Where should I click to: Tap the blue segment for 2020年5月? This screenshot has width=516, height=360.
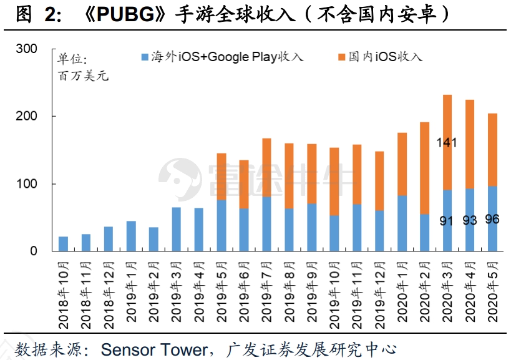[x=492, y=218]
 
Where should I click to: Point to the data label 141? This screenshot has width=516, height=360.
[x=447, y=143]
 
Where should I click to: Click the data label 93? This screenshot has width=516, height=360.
[x=470, y=220]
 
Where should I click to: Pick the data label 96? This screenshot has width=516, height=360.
[x=492, y=219]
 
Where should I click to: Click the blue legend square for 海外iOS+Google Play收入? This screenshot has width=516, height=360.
[x=145, y=57]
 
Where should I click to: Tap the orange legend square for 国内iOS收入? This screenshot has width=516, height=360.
[x=341, y=57]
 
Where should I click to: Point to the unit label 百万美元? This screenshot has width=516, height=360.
[x=83, y=76]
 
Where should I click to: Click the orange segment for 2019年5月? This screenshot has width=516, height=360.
[x=221, y=177]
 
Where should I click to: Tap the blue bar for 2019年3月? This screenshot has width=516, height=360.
[x=176, y=230]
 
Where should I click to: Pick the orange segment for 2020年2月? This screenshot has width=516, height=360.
[x=425, y=168]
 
